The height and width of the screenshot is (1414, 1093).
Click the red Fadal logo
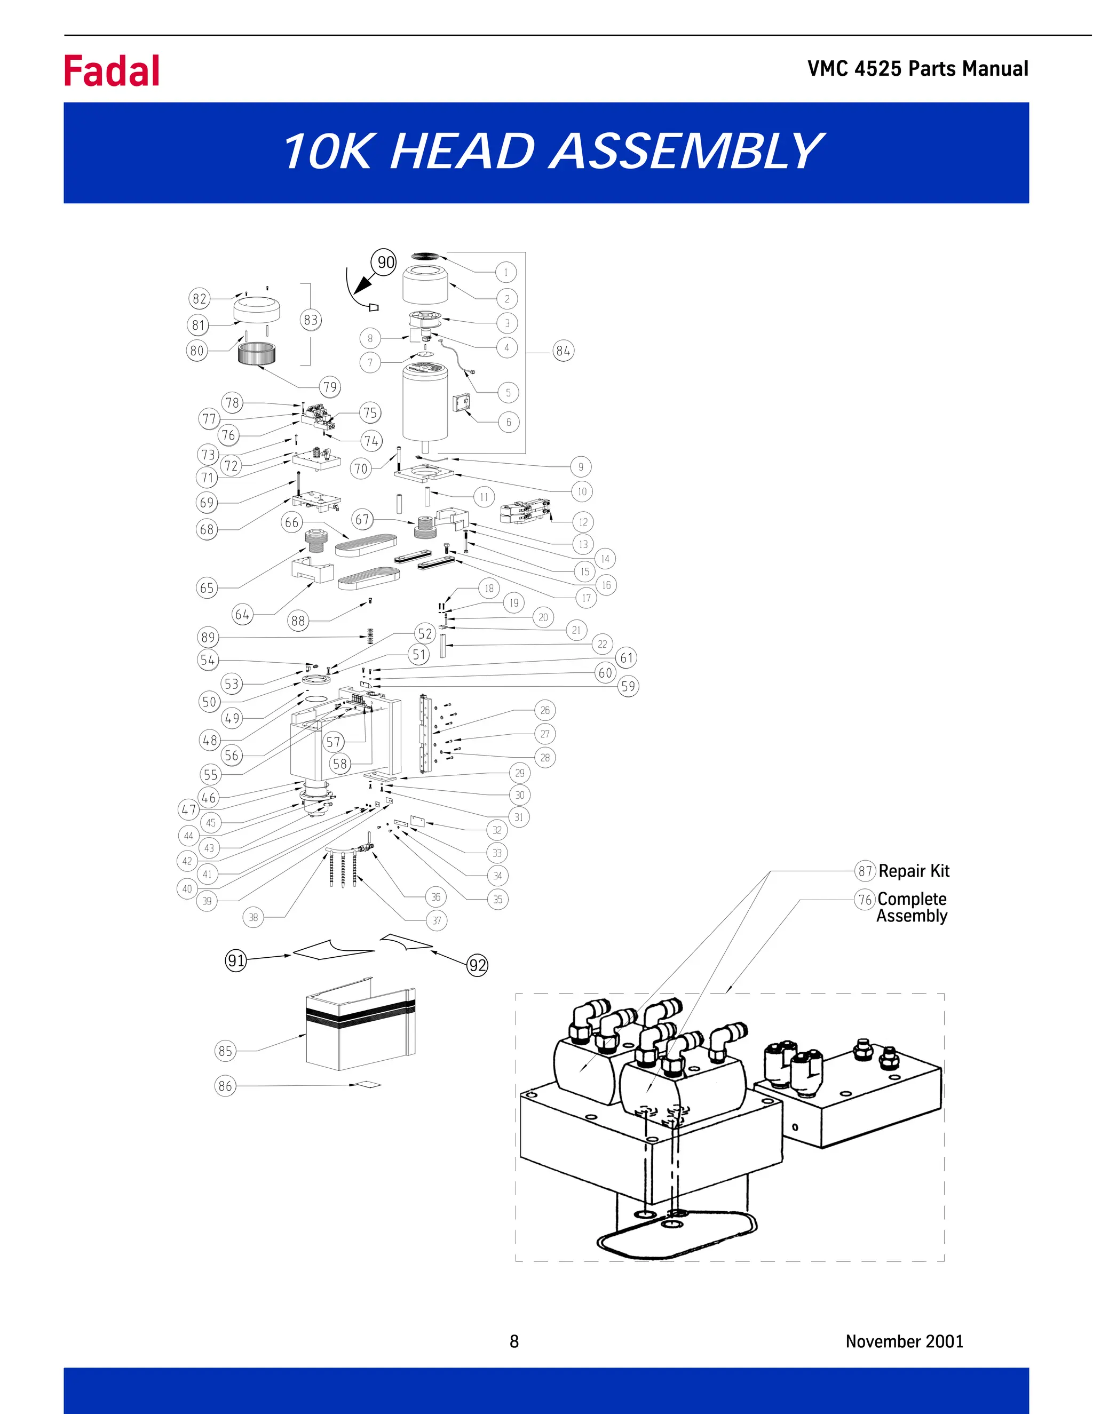tap(112, 71)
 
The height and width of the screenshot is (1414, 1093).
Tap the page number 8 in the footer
tap(514, 1341)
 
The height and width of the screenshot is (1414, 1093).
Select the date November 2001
tap(904, 1341)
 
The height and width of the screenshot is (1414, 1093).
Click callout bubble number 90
tap(385, 262)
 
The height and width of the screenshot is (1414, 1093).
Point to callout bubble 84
tap(563, 351)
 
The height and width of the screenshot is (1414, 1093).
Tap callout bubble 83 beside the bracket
tap(311, 320)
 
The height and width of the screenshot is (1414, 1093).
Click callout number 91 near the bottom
tap(236, 960)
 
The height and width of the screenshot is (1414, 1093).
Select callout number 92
tap(477, 965)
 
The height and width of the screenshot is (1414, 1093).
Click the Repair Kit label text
tap(914, 871)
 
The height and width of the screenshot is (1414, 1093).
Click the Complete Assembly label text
tap(912, 907)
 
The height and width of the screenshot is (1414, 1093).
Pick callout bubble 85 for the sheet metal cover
tap(225, 1051)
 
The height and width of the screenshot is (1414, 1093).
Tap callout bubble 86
tap(225, 1086)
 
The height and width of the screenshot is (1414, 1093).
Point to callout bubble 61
tap(626, 658)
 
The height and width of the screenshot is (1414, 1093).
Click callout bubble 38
tap(253, 917)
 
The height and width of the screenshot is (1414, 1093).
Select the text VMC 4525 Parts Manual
tap(917, 69)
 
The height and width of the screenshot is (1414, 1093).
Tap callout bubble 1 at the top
tap(506, 273)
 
